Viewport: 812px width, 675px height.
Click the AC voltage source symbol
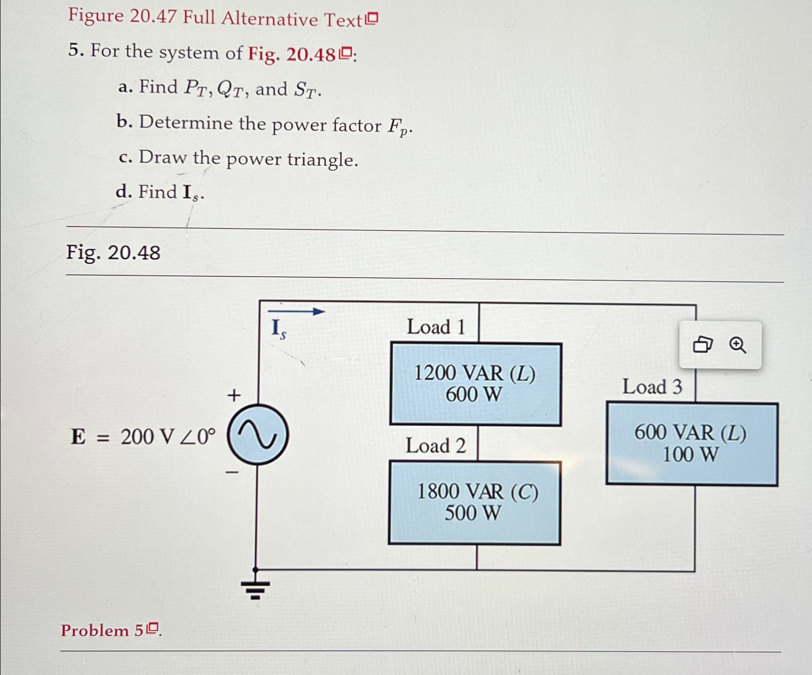[x=258, y=434]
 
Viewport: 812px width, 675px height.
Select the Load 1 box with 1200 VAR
[x=475, y=384]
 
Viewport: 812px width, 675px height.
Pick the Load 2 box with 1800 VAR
[x=475, y=503]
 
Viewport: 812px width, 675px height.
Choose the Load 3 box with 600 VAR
[x=692, y=444]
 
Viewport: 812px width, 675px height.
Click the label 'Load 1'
[x=436, y=327]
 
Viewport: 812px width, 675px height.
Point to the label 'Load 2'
[x=436, y=446]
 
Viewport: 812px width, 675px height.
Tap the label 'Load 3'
[x=652, y=387]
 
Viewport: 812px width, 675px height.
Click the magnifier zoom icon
[x=737, y=345]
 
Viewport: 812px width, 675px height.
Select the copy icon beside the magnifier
[x=702, y=345]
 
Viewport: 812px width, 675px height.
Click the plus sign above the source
[x=234, y=395]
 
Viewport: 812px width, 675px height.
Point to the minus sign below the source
[x=232, y=472]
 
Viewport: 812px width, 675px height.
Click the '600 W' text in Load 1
[x=474, y=395]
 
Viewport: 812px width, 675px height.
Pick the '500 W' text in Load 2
[x=473, y=513]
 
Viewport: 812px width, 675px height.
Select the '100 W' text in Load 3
[x=690, y=454]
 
